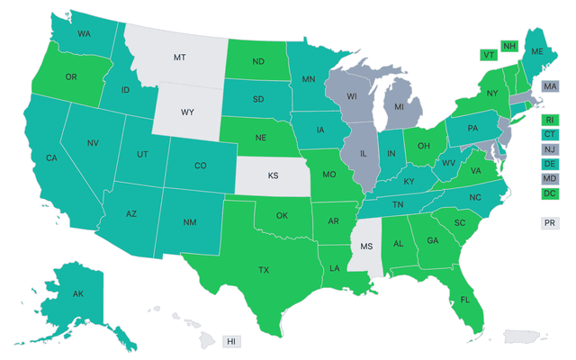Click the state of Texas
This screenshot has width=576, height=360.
point(264,269)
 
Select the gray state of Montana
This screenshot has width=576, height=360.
point(179,57)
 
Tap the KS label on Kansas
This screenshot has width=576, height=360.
point(273,177)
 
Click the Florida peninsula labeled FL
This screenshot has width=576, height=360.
point(464,298)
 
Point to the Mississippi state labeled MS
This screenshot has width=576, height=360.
point(365,246)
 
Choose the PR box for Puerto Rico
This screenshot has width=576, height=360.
point(548,222)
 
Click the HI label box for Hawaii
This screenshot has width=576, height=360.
point(231,342)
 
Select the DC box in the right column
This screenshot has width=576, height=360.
point(548,193)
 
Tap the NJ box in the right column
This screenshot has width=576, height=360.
point(548,149)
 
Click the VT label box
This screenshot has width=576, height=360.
point(490,54)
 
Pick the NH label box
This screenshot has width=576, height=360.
point(509,46)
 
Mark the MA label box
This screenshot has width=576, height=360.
point(550,85)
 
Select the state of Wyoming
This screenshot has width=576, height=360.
point(187,113)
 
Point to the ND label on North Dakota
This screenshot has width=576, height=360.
point(257,62)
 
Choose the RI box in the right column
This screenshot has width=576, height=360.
point(548,120)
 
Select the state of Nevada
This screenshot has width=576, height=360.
point(93,144)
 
